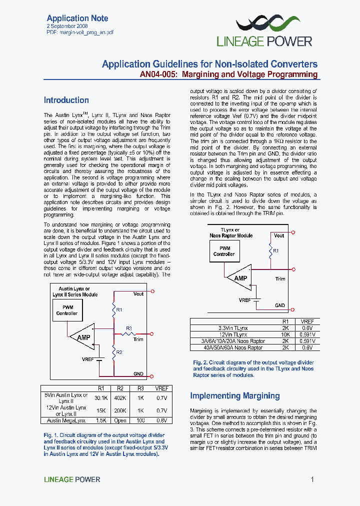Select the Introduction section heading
coord(66,100)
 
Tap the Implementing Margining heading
coord(234,396)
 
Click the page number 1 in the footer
coord(312,479)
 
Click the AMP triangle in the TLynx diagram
coord(239,278)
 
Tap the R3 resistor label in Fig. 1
coord(128,328)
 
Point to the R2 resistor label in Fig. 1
coord(119,352)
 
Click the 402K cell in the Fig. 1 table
coord(120,398)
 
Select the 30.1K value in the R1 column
coord(101,398)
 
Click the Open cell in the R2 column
coord(120,420)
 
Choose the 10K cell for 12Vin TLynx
coord(285,334)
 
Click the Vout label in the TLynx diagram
coord(279,235)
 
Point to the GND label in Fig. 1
coord(138,373)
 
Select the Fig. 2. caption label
coord(200,362)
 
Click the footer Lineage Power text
coord(72,479)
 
